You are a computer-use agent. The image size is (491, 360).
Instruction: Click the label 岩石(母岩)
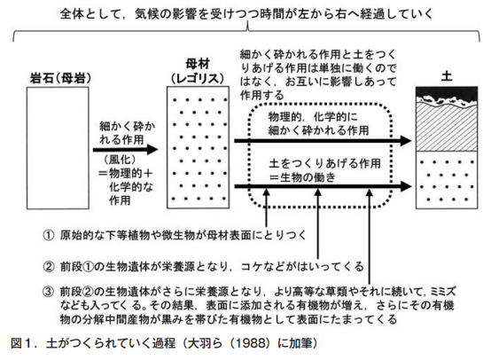pos(60,78)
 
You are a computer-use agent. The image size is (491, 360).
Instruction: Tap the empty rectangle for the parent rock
pos(58,148)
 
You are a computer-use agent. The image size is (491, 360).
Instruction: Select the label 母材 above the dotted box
pos(198,64)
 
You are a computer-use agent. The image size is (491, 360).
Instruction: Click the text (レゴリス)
pos(198,78)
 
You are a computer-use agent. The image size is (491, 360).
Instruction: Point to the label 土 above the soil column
pos(447,76)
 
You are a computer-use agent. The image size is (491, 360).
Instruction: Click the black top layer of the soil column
pos(447,94)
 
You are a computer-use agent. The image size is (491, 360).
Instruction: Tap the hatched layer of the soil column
pos(447,128)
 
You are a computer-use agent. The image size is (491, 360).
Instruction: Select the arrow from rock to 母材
pos(125,150)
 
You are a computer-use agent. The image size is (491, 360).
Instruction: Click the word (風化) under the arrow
pos(121,160)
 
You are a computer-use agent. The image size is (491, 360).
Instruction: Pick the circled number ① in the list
pos(49,235)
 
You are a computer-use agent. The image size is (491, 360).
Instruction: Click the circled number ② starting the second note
pos(49,267)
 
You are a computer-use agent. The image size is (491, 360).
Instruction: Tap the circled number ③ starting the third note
pos(49,292)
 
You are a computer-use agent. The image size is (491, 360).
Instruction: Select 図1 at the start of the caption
pos(21,343)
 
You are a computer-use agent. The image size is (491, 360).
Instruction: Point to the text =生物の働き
pos(302,177)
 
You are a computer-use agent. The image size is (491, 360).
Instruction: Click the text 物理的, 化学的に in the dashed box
pos(313,117)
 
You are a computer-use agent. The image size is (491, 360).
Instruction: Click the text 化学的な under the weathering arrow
pos(131,187)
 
